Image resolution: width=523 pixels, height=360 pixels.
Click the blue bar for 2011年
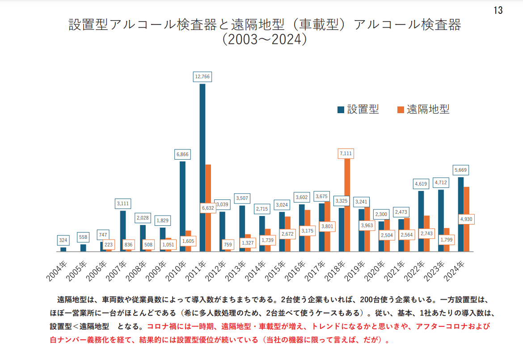click(202, 168)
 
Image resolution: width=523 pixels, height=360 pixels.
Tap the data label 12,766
click(202, 76)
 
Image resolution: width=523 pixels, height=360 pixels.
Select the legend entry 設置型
click(358, 110)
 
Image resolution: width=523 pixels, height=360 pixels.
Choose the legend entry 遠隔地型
click(423, 110)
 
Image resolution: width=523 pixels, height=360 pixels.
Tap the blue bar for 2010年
click(182, 206)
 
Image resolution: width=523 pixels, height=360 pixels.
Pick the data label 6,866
click(182, 154)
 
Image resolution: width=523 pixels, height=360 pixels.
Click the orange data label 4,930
click(466, 219)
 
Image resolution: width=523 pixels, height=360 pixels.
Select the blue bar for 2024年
click(460, 214)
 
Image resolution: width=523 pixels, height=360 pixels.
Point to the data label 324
click(63, 240)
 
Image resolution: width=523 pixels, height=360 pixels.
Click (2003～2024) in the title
click(265, 39)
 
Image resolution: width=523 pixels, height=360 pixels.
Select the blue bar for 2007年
click(123, 231)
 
